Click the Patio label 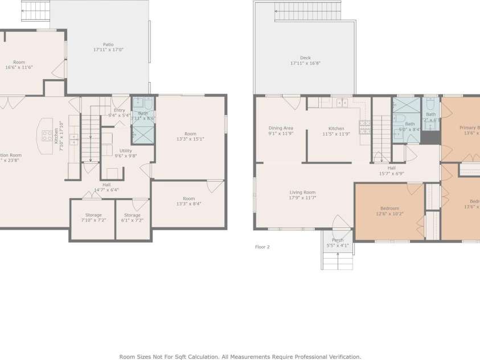108,47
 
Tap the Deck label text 305,60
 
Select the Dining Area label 280,131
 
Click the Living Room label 302,195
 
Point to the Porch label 338,243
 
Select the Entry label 120,112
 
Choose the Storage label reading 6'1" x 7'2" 132,217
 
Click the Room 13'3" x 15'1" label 190,136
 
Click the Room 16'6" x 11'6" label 19,64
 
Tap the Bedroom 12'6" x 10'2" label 389,211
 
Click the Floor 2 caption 262,247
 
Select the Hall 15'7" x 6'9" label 392,171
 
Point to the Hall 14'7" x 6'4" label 106,187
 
